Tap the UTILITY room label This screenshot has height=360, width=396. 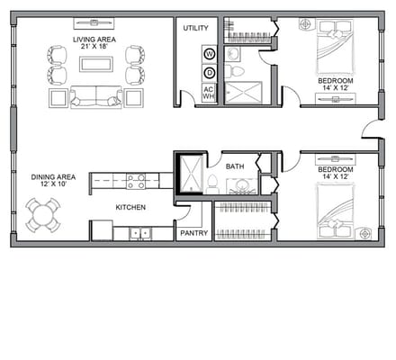click(x=195, y=29)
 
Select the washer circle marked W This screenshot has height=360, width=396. click(x=209, y=53)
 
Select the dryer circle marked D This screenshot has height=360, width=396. click(x=209, y=72)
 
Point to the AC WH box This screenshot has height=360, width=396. click(x=209, y=94)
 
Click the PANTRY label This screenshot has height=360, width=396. click(x=193, y=233)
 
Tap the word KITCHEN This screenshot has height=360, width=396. click(x=131, y=207)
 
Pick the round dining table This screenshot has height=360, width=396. click(x=42, y=215)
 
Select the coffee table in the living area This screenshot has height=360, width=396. click(x=96, y=64)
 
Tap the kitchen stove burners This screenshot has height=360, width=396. click(x=136, y=181)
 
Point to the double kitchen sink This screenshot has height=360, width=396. click(x=139, y=233)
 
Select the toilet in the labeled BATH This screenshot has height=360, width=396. click(x=212, y=184)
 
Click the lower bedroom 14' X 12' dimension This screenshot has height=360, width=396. click(x=335, y=177)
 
